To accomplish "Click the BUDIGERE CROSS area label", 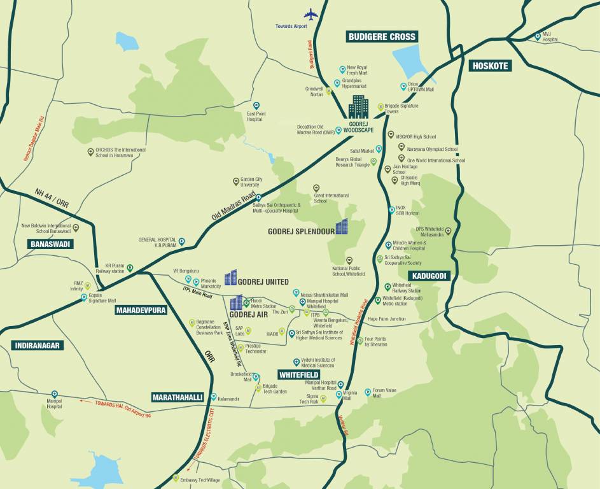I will pos(382,36).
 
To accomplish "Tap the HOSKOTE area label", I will pos(490,66).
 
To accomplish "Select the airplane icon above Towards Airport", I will pos(311,14).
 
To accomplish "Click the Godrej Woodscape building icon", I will pos(358,107).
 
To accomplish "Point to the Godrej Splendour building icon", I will pos(342,227).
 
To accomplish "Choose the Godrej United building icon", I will pos(230,278).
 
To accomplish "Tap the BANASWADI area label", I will pos(51,244).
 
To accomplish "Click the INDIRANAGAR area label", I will pos(37,345).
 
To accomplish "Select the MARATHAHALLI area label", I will pos(178,397).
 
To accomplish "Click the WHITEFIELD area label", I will pos(302,375).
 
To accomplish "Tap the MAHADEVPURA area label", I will pos(140,310).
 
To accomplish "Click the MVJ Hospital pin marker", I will pos(538,36).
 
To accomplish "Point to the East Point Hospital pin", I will pos(256,106).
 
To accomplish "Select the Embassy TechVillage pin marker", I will pos(176,478).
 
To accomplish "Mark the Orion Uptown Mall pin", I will pos(403,86).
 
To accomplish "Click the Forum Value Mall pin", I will pos(367,392).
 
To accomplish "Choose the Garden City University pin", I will pos(235,181).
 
